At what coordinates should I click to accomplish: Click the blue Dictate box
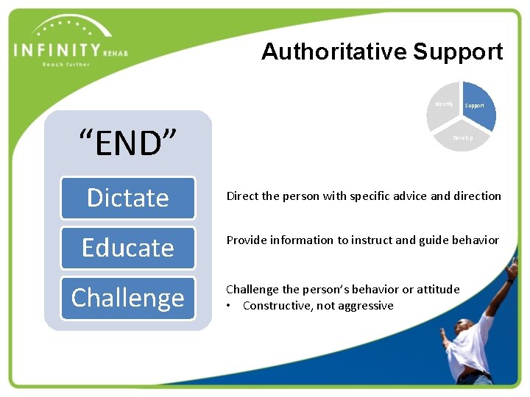[127, 198]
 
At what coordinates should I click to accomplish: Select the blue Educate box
[127, 248]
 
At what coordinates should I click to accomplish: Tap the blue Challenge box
[127, 298]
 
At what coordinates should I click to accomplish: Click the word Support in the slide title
[457, 51]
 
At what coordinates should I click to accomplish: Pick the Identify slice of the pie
[443, 105]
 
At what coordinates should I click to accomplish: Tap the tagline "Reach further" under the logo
[66, 65]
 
